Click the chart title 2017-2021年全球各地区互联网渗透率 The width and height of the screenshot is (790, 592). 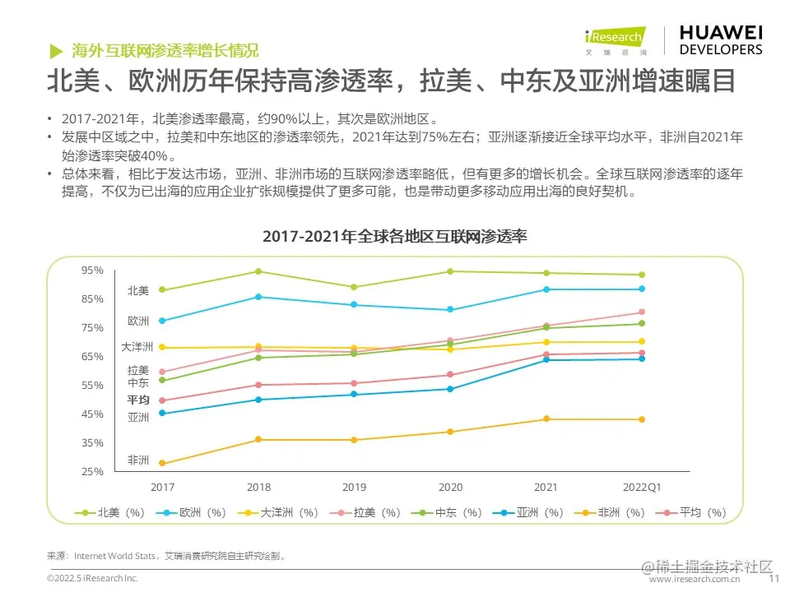click(394, 237)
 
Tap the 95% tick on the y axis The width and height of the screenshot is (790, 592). click(92, 271)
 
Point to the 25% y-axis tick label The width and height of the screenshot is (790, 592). click(92, 472)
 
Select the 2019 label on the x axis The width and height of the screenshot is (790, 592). click(354, 487)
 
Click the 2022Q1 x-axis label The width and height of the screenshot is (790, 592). click(642, 487)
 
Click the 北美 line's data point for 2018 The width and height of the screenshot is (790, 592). click(258, 271)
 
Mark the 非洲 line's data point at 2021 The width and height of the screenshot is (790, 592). click(546, 419)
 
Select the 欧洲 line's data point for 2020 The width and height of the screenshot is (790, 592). click(450, 310)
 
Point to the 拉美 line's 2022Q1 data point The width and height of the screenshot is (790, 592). click(642, 312)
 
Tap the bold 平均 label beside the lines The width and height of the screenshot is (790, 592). click(137, 400)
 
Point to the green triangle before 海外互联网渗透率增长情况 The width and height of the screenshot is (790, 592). click(55, 49)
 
